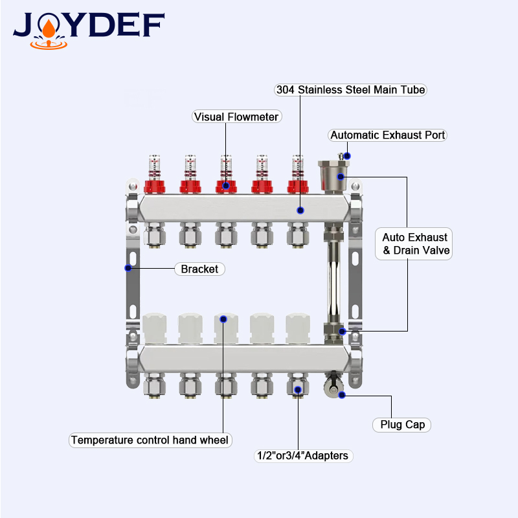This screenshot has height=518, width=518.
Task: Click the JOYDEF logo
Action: click(89, 30)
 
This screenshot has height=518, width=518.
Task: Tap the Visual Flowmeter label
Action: click(236, 117)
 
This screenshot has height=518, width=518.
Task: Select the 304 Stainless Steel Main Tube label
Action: click(350, 90)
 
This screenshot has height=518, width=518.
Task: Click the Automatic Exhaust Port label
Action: click(387, 135)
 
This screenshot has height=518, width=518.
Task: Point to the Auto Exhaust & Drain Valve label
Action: click(414, 244)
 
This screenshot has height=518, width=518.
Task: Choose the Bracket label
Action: click(199, 269)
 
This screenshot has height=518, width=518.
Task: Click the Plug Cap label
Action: click(401, 425)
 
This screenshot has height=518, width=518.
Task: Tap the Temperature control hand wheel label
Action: click(150, 440)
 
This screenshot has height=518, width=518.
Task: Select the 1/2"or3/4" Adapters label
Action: click(303, 456)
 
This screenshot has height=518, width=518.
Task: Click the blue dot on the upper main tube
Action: click(300, 210)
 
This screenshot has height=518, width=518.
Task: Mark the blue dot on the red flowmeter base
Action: click(226, 186)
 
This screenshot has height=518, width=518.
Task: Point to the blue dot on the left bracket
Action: click(128, 268)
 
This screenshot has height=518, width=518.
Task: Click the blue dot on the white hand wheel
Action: click(223, 319)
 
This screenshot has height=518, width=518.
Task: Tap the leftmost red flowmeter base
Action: click(155, 186)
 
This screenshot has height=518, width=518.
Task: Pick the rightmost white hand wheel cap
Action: click(298, 329)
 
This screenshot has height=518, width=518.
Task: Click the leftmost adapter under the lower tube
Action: click(154, 385)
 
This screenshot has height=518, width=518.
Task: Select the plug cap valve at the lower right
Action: click(333, 385)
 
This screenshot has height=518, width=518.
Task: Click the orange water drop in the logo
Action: click(49, 28)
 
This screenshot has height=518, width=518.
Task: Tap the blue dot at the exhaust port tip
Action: click(347, 156)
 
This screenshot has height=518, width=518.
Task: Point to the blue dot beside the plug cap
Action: click(343, 395)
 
